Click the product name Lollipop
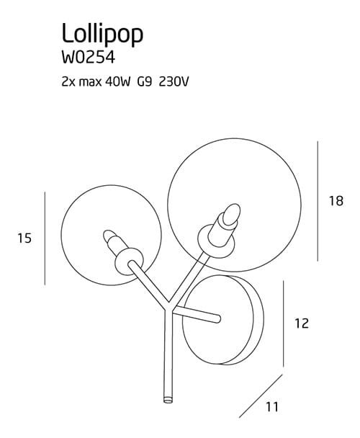(102, 34)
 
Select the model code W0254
(89, 58)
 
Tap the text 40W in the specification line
(118, 82)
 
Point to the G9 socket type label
(145, 82)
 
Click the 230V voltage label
(174, 82)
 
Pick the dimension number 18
(336, 201)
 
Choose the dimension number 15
(24, 238)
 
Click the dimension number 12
(302, 323)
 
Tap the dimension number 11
(272, 407)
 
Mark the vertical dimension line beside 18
(318, 201)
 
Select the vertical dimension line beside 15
(45, 238)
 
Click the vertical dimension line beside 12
(284, 323)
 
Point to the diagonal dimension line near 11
(261, 396)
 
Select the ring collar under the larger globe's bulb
(215, 241)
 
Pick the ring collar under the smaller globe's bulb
(130, 262)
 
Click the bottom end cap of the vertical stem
(168, 400)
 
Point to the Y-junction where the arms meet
(168, 307)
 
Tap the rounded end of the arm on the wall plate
(218, 318)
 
